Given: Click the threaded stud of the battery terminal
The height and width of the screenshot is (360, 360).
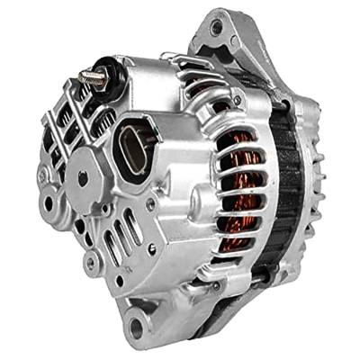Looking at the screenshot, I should (x=89, y=77).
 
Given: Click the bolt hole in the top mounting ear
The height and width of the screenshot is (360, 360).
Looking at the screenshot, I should (x=216, y=28).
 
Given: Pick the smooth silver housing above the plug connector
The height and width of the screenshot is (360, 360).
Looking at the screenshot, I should (x=157, y=99).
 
